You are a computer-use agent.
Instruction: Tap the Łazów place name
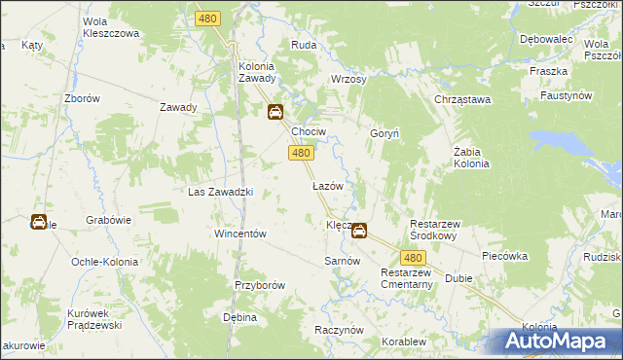tap(325, 185)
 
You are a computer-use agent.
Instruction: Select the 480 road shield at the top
tap(207, 18)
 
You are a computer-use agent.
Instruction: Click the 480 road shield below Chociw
tap(301, 153)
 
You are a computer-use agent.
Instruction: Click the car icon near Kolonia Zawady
tap(275, 112)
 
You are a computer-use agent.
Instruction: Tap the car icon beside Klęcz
tap(359, 231)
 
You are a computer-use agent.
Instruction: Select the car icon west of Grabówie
tap(38, 222)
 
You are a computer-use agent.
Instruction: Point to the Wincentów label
tap(240, 234)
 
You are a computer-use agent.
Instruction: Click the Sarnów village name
tap(343, 262)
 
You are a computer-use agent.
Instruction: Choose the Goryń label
tap(381, 132)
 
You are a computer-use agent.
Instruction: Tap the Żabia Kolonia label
tap(471, 157)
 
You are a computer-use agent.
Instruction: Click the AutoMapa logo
tap(555, 342)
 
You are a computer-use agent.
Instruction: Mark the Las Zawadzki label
tap(220, 192)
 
